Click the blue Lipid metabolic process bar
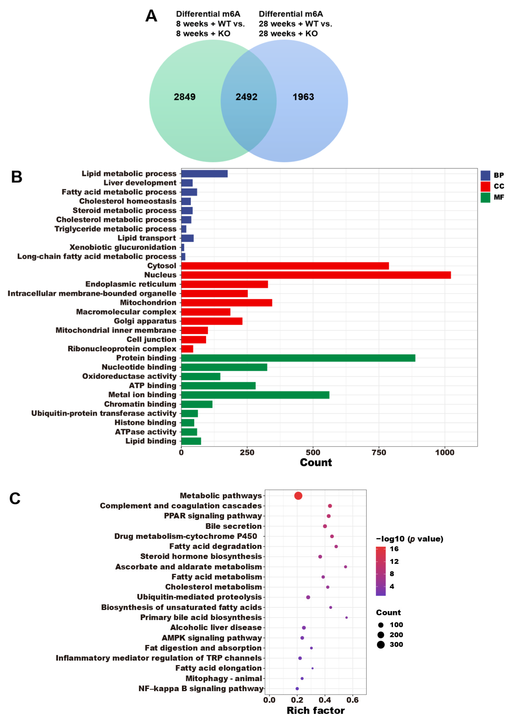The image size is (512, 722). tap(204, 174)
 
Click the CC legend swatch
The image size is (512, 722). tap(485, 186)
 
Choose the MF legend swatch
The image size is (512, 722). tap(485, 197)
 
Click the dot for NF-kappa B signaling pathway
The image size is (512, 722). tap(297, 689)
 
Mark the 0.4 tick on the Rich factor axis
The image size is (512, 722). tap(325, 700)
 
